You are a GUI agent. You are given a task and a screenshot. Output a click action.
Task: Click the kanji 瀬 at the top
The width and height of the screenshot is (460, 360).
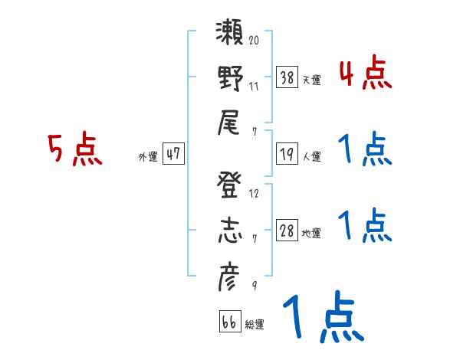point(230,34)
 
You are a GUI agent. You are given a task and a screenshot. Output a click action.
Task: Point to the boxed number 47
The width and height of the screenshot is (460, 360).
point(173,154)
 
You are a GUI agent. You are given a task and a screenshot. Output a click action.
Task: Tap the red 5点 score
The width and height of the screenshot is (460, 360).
point(75,149)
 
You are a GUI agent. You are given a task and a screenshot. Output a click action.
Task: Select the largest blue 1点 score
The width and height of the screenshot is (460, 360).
point(321,318)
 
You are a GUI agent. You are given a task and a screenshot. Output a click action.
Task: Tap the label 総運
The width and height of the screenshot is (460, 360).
point(255,325)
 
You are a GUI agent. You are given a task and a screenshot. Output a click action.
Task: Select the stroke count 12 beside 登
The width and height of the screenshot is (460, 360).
point(254,194)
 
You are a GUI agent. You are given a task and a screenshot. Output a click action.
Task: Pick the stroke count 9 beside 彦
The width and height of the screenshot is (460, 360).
point(253,286)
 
